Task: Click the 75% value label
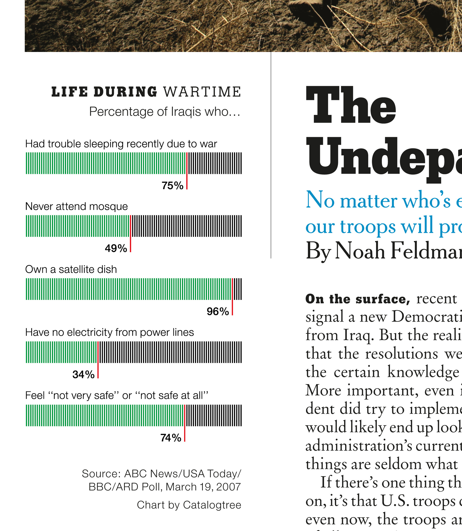pyautogui.click(x=173, y=186)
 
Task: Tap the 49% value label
pyautogui.click(x=116, y=248)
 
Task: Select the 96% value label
pyautogui.click(x=218, y=312)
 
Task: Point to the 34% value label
pyautogui.click(x=83, y=375)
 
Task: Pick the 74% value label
pyautogui.click(x=171, y=438)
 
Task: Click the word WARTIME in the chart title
pyautogui.click(x=202, y=92)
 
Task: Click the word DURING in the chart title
pyautogui.click(x=125, y=92)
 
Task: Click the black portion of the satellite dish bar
pyautogui.click(x=237, y=289)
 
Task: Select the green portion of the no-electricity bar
pyautogui.click(x=61, y=352)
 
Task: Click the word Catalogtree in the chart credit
pyautogui.click(x=212, y=505)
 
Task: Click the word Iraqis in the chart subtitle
pyautogui.click(x=186, y=112)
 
